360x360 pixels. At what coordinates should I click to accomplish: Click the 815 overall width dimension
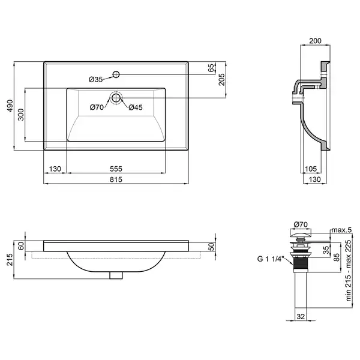116,179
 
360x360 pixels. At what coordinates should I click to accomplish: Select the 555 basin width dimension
116,169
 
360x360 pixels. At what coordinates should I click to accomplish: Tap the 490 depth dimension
10,106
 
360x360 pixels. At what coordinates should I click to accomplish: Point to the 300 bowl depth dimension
20,115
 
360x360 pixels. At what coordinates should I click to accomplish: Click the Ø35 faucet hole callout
96,79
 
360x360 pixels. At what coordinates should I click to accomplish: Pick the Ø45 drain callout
136,107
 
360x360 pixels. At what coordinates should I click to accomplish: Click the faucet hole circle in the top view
116,74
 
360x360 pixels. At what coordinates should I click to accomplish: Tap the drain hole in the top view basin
116,98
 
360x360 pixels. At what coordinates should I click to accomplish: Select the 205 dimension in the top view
221,79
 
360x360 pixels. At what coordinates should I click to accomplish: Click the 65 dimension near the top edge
211,68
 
